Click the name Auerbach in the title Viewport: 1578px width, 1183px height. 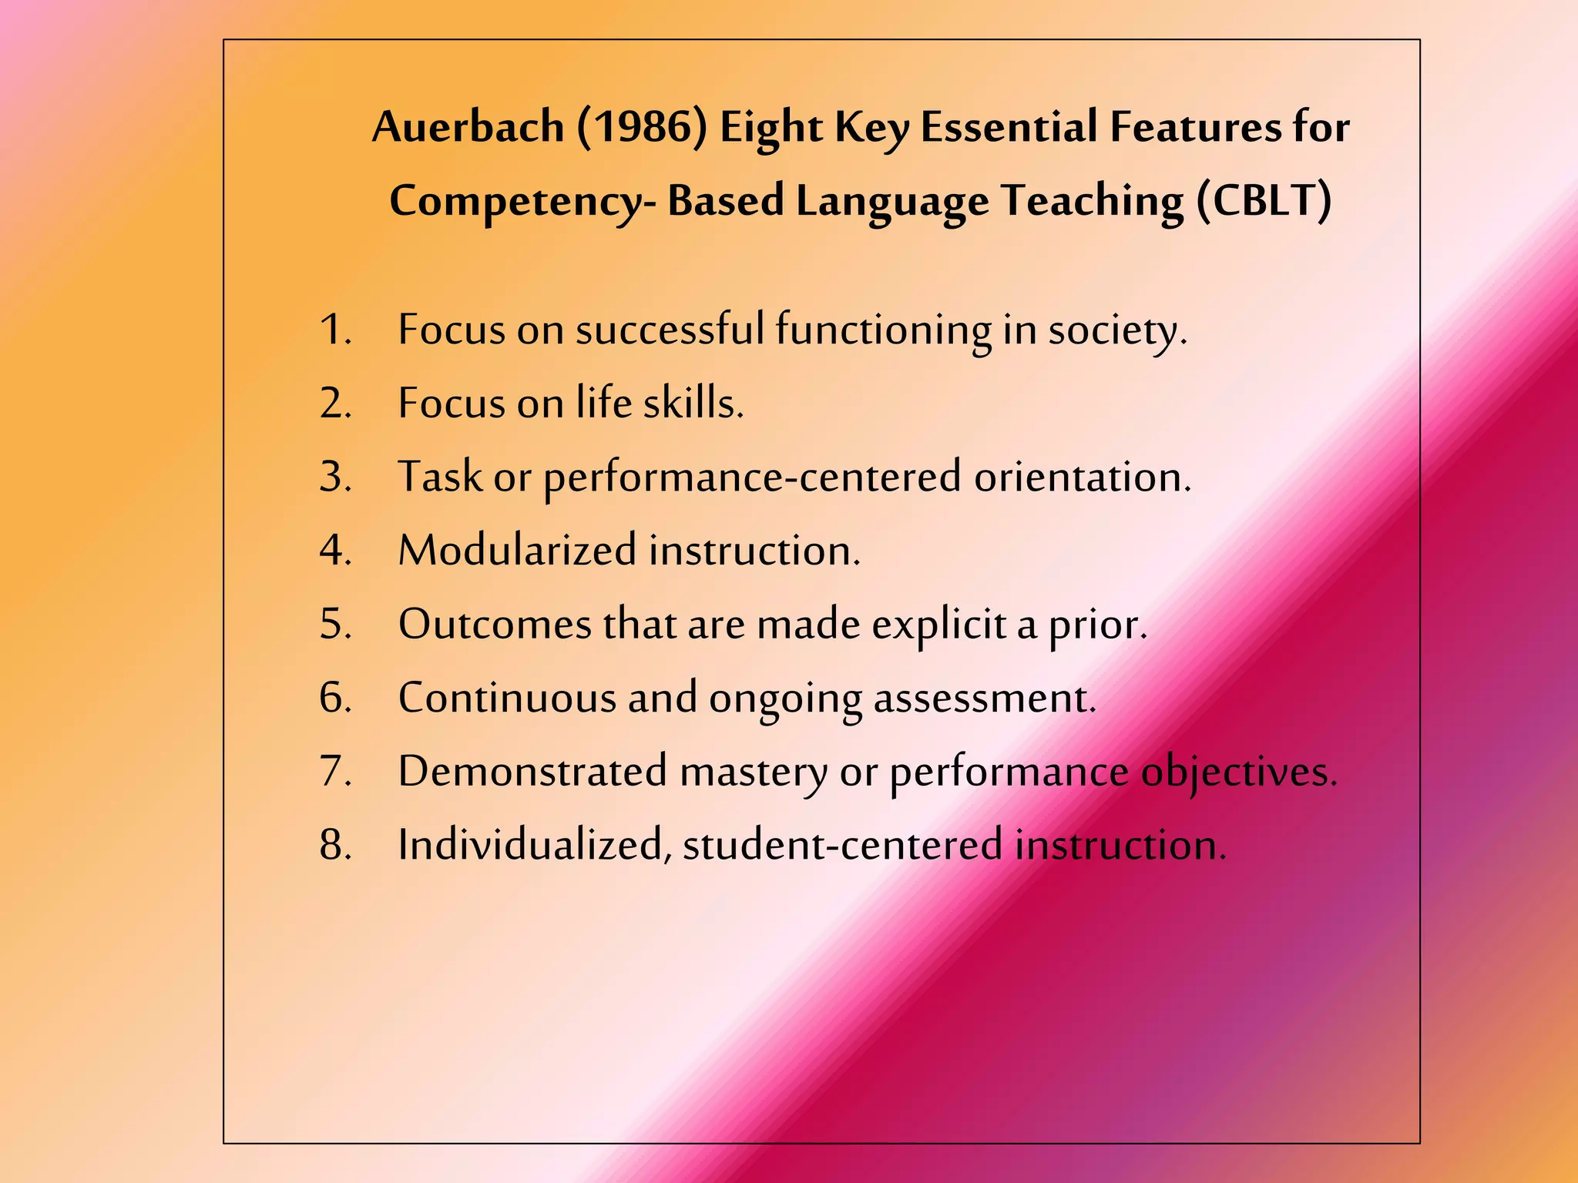click(468, 127)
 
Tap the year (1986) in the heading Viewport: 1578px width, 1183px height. click(641, 127)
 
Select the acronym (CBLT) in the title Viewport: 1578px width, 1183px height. click(1264, 201)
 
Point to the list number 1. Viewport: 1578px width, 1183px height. click(335, 330)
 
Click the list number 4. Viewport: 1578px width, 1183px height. click(335, 551)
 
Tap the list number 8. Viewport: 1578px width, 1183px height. click(335, 845)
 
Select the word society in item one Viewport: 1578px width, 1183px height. click(1116, 330)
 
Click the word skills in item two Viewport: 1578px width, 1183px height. click(693, 403)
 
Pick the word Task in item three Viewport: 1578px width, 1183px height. click(439, 477)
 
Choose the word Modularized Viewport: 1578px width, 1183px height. click(517, 551)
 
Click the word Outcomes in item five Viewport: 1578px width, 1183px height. click(495, 624)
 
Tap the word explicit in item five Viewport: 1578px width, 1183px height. click(938, 625)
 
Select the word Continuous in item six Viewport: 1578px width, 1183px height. click(506, 698)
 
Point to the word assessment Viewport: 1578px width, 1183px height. click(984, 698)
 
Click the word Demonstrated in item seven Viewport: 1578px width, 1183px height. click(532, 771)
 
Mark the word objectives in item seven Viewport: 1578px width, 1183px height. click(1238, 772)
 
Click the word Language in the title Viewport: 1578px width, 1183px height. click(892, 202)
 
